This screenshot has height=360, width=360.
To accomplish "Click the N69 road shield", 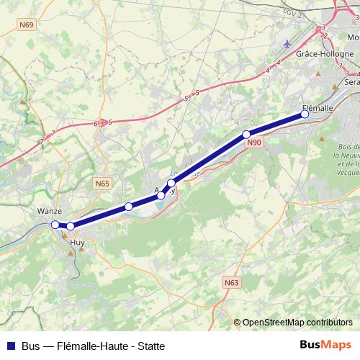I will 27,25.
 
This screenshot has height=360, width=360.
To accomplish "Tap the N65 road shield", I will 102,184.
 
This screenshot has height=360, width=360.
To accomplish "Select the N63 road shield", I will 231,283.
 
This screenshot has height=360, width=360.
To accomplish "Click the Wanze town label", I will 49,212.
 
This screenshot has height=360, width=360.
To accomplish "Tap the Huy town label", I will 77,243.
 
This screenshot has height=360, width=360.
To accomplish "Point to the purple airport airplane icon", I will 288,45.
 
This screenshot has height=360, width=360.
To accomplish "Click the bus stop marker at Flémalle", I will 305,114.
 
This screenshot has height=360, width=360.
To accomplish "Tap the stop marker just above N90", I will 246,134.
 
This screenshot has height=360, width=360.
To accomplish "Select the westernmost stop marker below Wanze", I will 55,225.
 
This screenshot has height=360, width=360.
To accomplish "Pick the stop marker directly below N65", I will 128,207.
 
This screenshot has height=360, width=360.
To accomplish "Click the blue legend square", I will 10,346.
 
